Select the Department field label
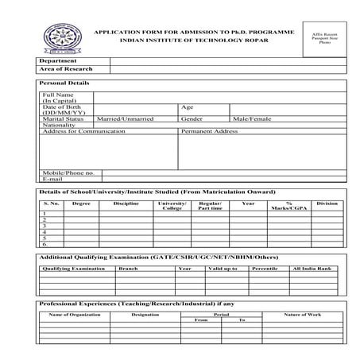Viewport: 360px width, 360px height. [x=57, y=60]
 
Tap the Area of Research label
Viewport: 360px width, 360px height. [x=65, y=69]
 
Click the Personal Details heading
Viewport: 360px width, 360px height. [x=64, y=83]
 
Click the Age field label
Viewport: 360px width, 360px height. [x=188, y=106]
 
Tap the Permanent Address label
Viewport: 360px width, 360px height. [x=210, y=131]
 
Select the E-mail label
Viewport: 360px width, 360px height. [x=52, y=179]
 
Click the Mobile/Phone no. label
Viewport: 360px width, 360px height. [x=68, y=172]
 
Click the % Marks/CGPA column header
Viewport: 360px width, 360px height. [x=289, y=206]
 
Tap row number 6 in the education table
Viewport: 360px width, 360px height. [x=45, y=244]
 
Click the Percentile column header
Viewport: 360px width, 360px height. [x=264, y=269]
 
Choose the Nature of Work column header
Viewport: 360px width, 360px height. [x=302, y=315]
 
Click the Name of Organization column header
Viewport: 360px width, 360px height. [x=72, y=315]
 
